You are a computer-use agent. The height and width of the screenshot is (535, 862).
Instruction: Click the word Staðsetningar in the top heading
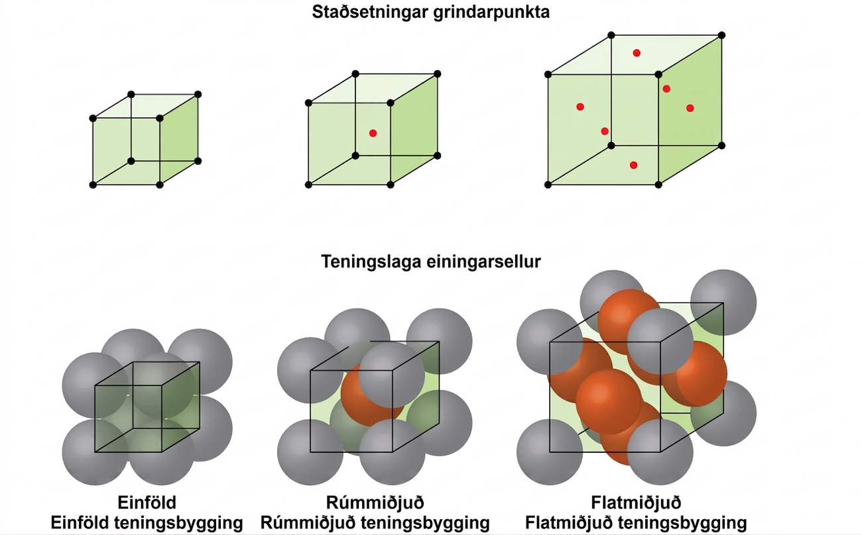click(x=370, y=13)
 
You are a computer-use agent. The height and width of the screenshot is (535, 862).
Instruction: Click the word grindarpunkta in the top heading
click(x=491, y=13)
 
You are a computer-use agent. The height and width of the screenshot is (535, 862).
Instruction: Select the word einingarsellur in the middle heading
click(x=484, y=262)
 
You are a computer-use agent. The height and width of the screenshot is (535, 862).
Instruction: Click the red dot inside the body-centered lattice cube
click(x=373, y=133)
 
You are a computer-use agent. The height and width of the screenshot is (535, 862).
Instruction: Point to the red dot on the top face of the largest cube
click(x=637, y=53)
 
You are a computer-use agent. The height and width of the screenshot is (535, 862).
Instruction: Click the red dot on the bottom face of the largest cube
click(x=633, y=166)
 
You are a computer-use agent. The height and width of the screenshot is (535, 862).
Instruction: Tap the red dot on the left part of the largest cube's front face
click(x=580, y=107)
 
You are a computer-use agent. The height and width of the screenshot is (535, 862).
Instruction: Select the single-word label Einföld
click(x=147, y=503)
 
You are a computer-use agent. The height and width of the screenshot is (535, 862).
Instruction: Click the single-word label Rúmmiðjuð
click(x=375, y=503)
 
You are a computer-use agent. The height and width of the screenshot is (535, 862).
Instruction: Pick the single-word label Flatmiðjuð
click(x=636, y=503)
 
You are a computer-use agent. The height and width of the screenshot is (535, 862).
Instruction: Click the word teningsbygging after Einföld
click(x=179, y=523)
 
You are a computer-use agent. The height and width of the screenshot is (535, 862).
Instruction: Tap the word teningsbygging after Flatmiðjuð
click(x=683, y=523)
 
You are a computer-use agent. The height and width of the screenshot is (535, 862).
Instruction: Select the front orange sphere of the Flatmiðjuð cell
click(x=609, y=402)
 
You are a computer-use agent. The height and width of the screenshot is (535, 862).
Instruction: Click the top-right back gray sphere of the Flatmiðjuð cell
click(x=723, y=303)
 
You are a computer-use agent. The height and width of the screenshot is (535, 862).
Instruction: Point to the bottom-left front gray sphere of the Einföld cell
click(x=95, y=452)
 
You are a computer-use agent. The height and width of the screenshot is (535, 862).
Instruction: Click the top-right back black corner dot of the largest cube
click(x=721, y=35)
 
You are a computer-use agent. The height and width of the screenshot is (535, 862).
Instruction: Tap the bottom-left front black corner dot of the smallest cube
click(x=93, y=185)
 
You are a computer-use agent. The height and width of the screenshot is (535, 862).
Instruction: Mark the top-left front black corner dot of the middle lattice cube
click(x=308, y=103)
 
